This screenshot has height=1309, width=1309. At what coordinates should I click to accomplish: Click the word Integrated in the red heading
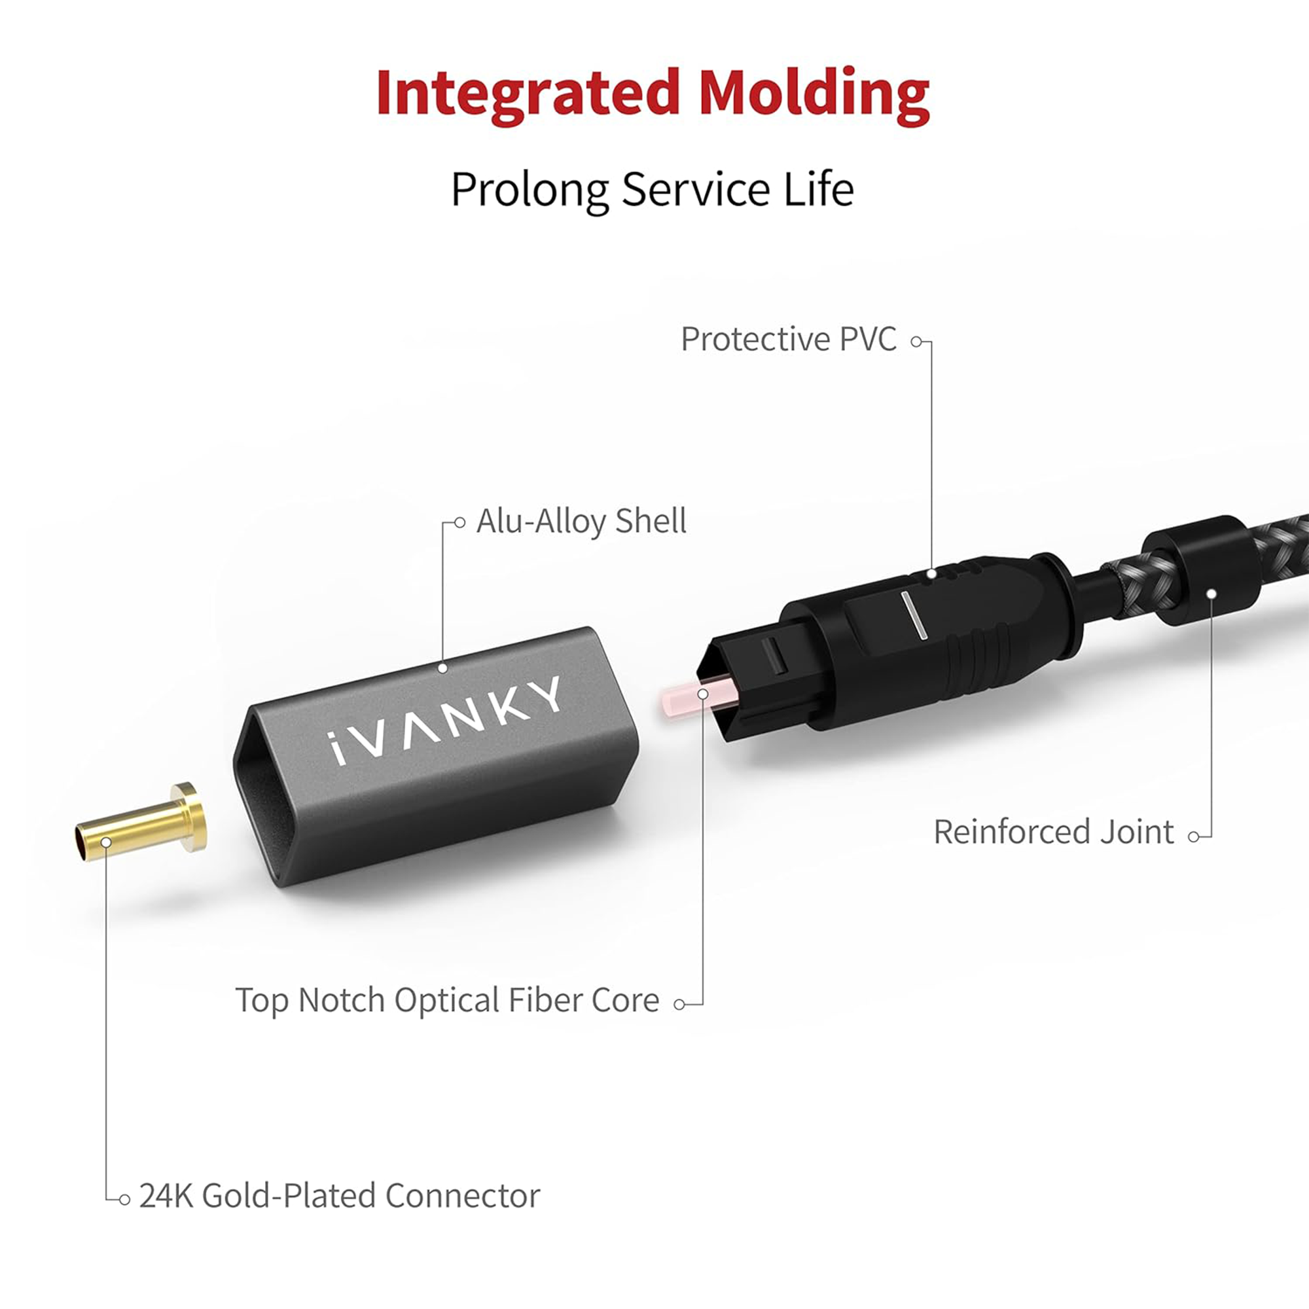pos(527,93)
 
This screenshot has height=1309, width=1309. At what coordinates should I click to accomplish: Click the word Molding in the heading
pos(813,93)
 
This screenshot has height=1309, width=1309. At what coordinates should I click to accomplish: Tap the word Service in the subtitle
pos(695,189)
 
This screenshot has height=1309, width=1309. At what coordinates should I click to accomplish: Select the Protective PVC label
pos(788,340)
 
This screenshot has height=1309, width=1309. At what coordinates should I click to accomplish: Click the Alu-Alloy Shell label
pos(581,522)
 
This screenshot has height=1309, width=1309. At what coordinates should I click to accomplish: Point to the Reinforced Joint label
pos(1054,832)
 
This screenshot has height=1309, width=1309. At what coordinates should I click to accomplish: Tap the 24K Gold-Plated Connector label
pos(340,1196)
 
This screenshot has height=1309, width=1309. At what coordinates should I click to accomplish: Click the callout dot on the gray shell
pos(442,668)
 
